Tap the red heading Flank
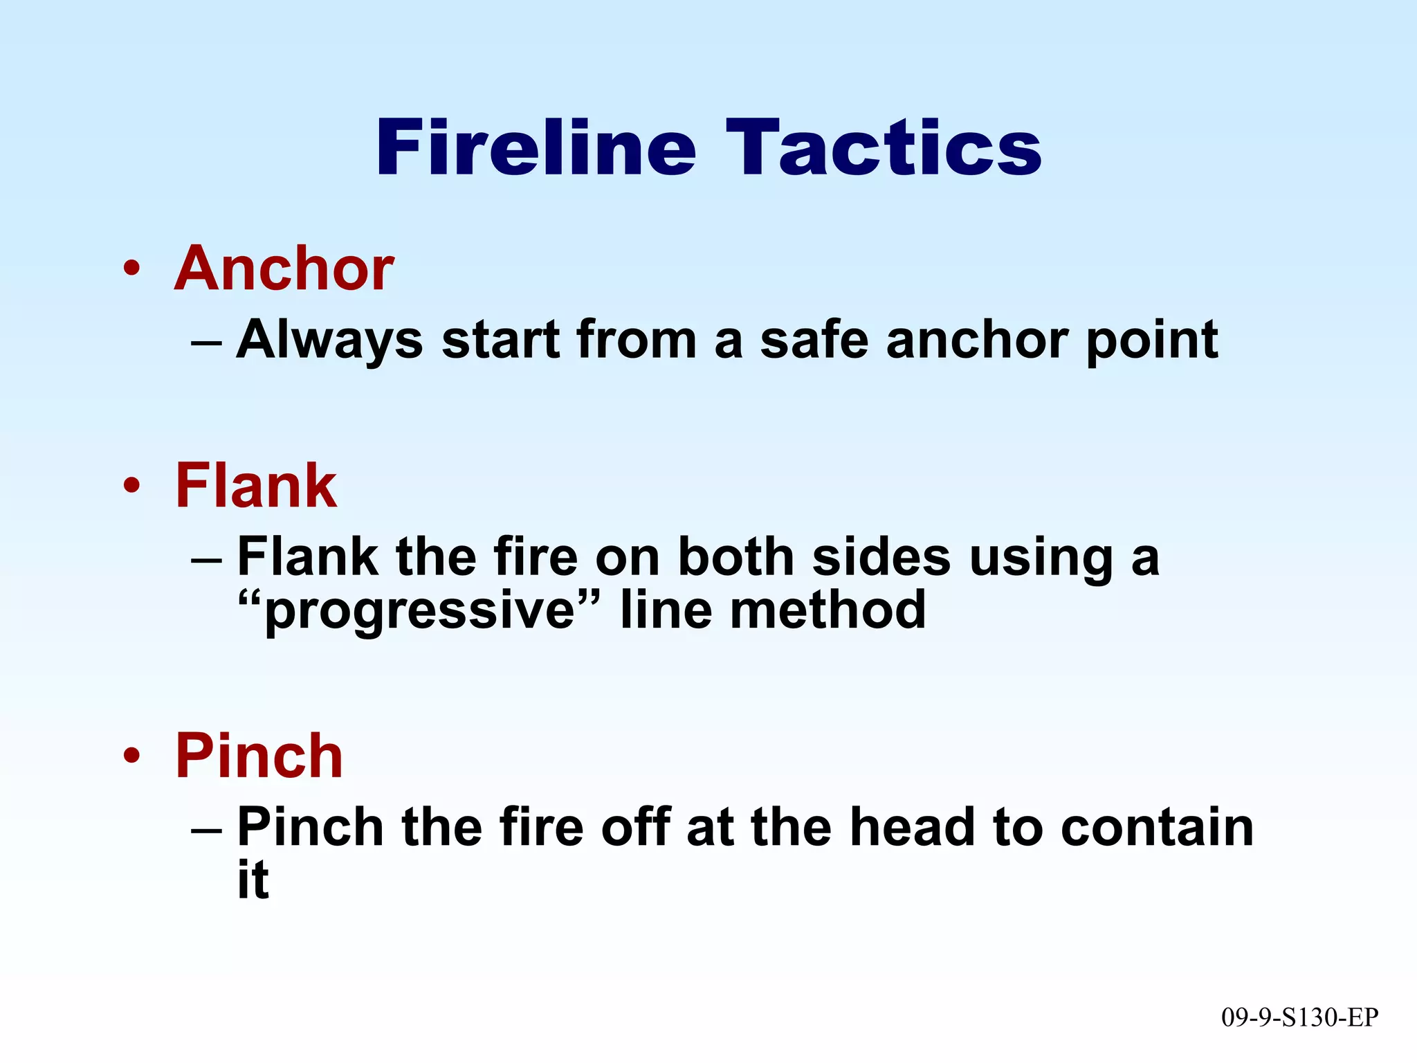point(256,486)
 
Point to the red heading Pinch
point(259,756)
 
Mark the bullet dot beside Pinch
point(131,756)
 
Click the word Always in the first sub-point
point(329,340)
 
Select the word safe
point(814,340)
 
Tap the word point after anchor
point(1152,340)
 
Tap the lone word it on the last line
point(253,880)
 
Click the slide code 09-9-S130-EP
point(1299,1017)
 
